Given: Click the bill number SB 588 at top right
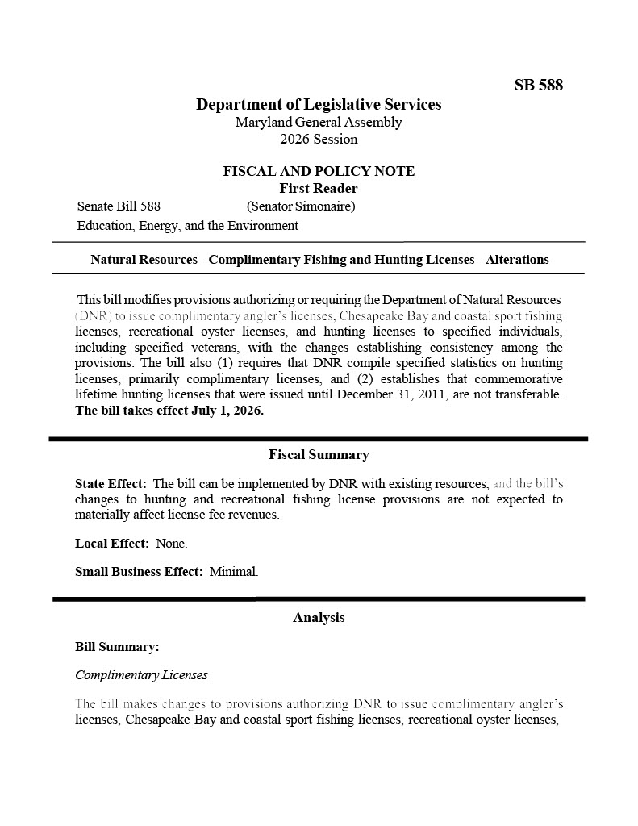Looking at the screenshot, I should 538,85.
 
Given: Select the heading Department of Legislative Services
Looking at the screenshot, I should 319,105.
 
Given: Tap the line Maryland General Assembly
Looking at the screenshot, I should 319,123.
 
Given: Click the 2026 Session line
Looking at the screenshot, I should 319,139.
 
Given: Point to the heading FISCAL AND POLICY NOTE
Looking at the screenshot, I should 319,171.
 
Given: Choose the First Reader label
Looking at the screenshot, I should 319,189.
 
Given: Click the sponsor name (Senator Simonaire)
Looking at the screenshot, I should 301,206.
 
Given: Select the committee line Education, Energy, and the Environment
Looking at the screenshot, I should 187,226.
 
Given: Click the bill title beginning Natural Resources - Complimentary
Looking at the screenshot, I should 319,260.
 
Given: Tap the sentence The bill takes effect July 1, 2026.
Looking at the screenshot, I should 169,410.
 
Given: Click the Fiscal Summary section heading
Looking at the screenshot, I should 319,455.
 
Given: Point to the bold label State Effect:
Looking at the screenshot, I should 111,484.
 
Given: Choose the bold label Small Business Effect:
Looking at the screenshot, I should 139,572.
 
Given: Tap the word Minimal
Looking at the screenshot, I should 234,572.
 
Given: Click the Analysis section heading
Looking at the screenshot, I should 319,618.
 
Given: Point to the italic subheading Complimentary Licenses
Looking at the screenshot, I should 141,675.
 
